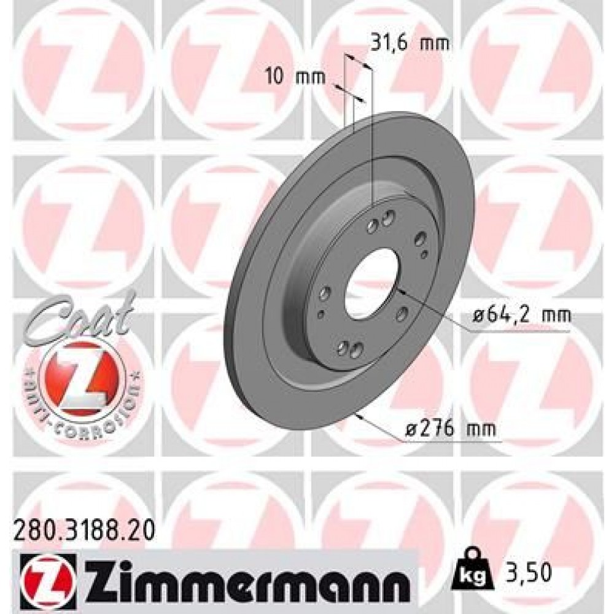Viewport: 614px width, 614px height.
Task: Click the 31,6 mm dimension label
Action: tap(410, 43)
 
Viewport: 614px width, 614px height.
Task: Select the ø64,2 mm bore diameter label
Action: tap(521, 316)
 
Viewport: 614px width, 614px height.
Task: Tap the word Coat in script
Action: tap(80, 316)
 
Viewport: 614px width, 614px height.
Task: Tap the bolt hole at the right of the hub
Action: tap(420, 239)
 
